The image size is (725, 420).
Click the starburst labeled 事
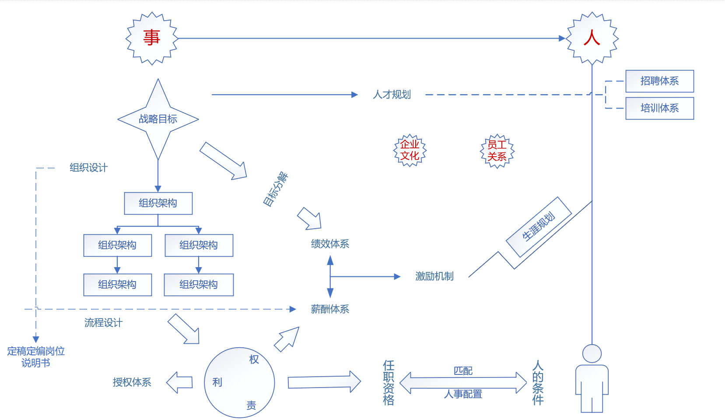tap(151, 38)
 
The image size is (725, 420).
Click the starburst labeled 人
tap(592, 38)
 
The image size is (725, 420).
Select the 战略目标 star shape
tap(158, 119)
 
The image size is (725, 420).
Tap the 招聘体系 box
tap(659, 81)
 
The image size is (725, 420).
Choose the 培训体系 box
tap(659, 108)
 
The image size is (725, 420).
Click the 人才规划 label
tap(392, 95)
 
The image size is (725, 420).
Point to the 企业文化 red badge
tap(410, 150)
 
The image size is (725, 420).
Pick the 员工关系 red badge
tap(497, 151)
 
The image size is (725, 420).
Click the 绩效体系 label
tap(330, 244)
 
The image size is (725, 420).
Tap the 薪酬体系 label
tap(330, 309)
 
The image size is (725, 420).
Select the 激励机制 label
tap(434, 276)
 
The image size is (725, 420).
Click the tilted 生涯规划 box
tap(539, 226)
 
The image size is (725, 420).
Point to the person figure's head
tap(592, 353)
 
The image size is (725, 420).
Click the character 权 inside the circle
tap(254, 360)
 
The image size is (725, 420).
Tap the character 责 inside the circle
tap(251, 406)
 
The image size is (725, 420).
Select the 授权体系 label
tap(132, 382)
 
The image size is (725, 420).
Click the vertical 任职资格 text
tap(389, 383)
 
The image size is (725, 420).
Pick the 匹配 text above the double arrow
tap(463, 371)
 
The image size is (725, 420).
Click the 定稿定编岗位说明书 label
tap(36, 357)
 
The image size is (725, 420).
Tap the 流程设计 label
tap(103, 323)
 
